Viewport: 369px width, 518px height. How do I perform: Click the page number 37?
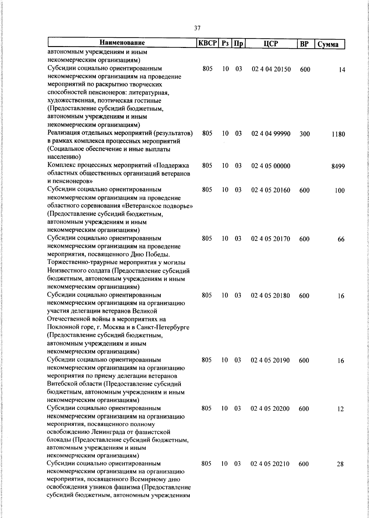click(197, 28)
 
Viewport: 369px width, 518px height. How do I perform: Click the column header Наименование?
click(122, 43)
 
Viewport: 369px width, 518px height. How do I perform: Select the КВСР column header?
click(208, 43)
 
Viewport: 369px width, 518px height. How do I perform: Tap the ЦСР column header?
click(271, 44)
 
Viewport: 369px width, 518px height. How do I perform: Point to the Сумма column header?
click(328, 44)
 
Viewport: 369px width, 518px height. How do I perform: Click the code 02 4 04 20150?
click(271, 69)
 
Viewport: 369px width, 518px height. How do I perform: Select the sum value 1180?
click(338, 134)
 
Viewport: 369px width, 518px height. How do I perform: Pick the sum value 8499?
click(338, 167)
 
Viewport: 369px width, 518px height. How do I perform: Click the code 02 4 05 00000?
click(271, 166)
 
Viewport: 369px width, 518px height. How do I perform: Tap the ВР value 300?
click(304, 134)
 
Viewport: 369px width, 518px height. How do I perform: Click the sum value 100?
click(340, 190)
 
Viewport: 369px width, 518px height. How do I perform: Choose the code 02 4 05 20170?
click(271, 239)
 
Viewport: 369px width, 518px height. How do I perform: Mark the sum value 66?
click(341, 239)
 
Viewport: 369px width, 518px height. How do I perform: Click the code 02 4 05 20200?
click(270, 409)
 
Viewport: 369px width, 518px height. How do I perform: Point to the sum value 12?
click(340, 409)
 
